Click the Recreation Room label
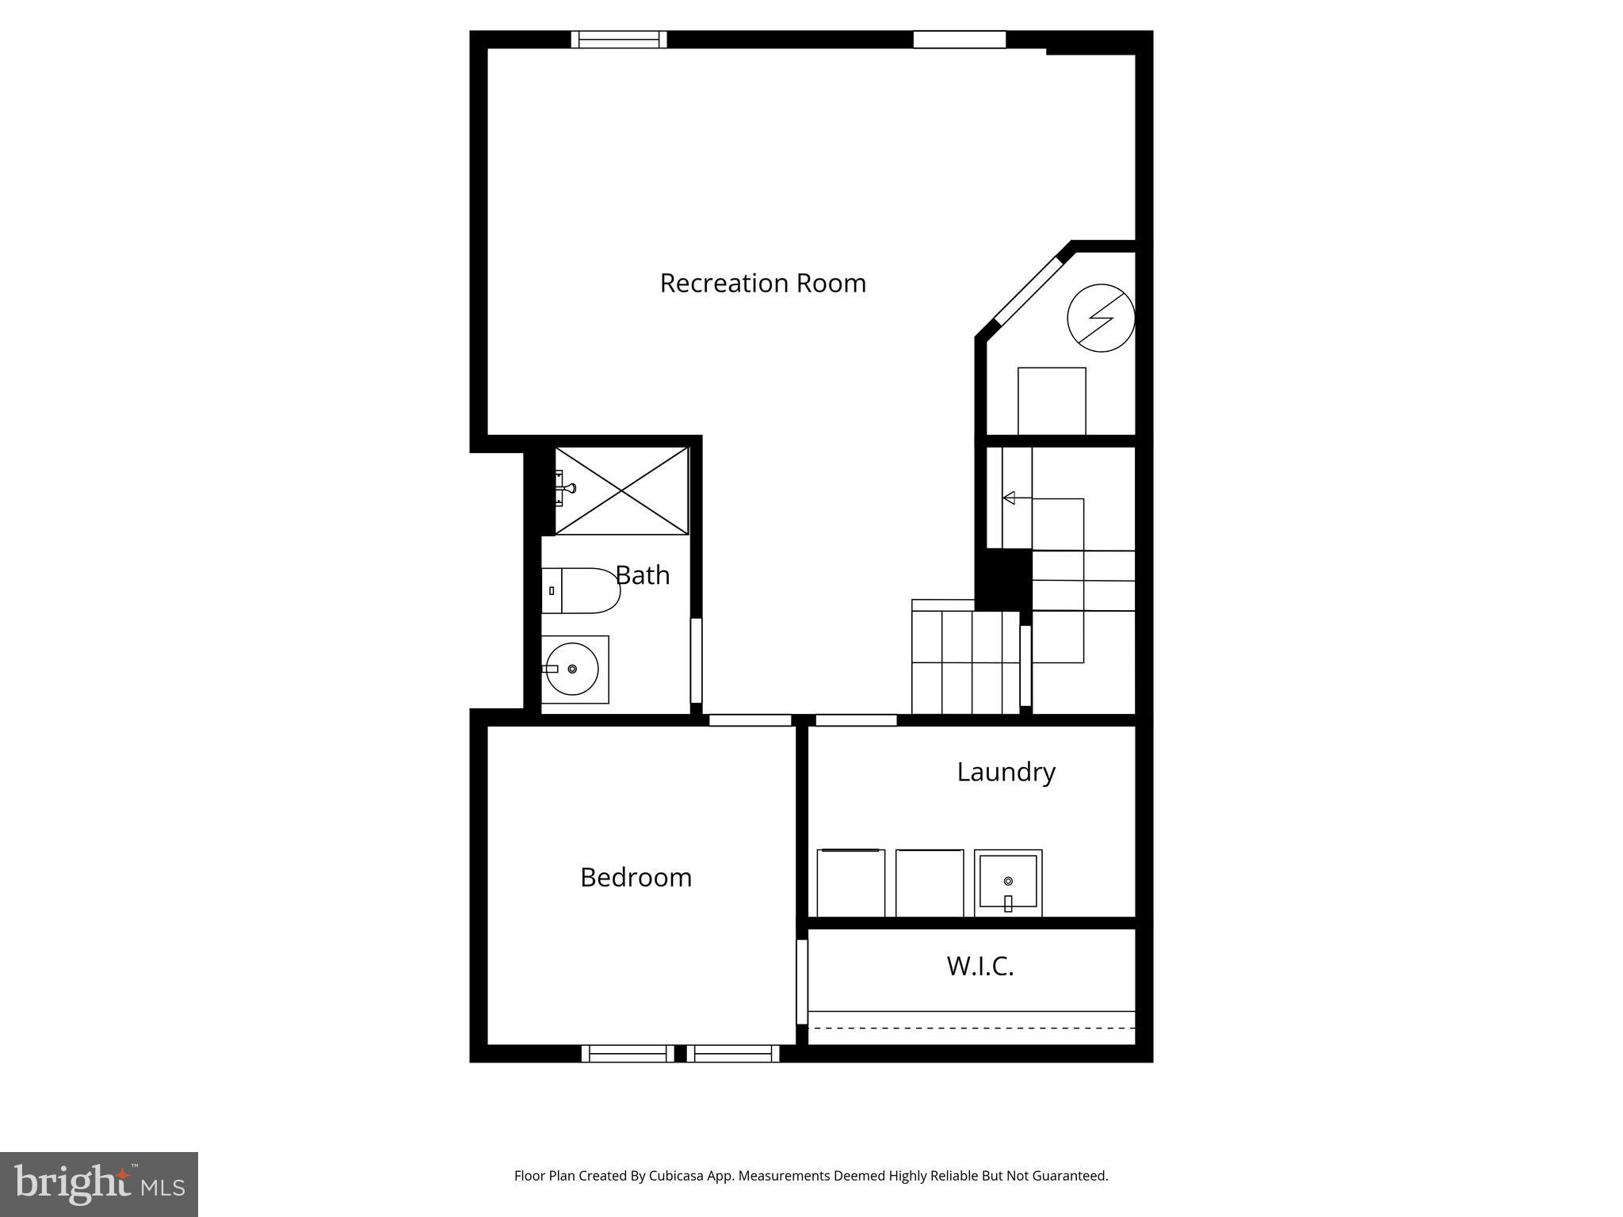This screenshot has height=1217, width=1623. click(762, 283)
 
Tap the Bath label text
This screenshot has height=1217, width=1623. click(643, 575)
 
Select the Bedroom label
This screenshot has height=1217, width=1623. click(636, 877)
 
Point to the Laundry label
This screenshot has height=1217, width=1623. click(1006, 772)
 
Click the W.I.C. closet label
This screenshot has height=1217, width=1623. click(980, 966)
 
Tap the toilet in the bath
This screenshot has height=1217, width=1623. click(581, 590)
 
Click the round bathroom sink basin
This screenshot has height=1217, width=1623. click(572, 670)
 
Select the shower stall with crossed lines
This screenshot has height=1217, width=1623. click(621, 490)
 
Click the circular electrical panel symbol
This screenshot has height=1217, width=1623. click(1101, 318)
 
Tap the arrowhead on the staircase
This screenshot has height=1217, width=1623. click(1009, 498)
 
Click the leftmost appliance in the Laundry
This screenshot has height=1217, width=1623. click(850, 883)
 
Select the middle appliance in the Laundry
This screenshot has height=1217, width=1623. click(930, 883)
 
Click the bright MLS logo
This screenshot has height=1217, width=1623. click(99, 1184)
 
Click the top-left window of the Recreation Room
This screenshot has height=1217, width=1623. click(619, 40)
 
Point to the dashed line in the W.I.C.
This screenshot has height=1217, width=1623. click(972, 1028)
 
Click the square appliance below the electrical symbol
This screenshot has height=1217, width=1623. click(1052, 401)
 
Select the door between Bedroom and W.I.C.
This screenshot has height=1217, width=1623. click(802, 982)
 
